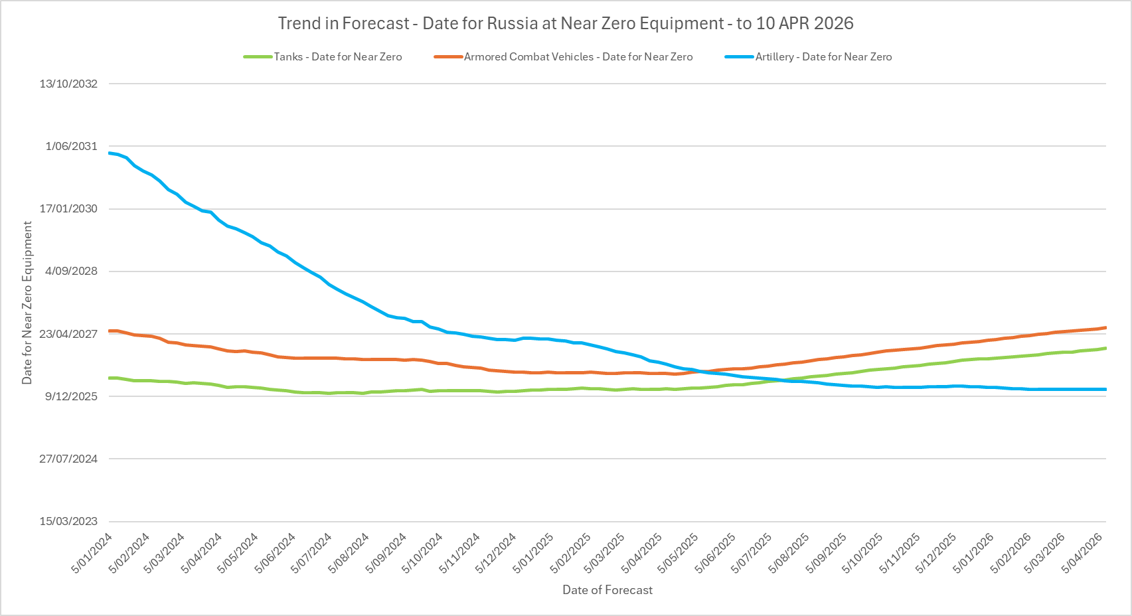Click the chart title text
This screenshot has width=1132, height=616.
point(566,23)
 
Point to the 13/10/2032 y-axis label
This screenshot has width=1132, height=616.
point(68,84)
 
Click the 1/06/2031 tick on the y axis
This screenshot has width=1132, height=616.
point(71,146)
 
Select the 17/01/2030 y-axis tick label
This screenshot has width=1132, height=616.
point(68,208)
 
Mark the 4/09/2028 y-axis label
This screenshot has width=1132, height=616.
point(71,271)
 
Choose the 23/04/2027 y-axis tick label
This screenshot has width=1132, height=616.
point(68,334)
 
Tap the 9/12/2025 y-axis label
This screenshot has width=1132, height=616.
point(71,396)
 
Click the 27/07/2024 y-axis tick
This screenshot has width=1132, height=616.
point(68,459)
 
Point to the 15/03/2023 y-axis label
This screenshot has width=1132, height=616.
point(68,521)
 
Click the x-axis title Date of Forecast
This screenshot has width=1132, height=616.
point(607,590)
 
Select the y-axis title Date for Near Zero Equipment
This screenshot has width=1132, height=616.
point(27,303)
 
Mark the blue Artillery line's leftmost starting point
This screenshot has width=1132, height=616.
point(110,153)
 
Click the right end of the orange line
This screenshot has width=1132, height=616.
point(1105,327)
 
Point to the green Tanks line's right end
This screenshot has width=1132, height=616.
point(1105,348)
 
